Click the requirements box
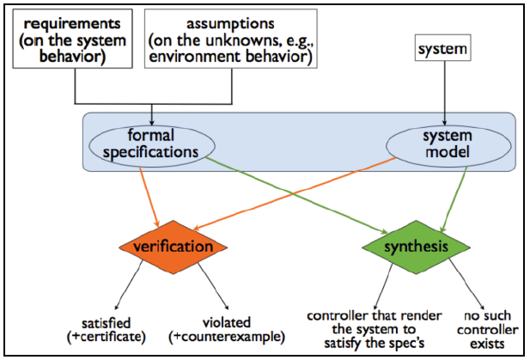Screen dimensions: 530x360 point(73,39)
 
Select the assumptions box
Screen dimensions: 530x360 point(231,39)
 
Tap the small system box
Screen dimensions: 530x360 point(442,47)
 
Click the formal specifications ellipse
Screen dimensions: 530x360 point(152,146)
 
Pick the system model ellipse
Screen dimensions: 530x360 point(448,146)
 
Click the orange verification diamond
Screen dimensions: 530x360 point(173,247)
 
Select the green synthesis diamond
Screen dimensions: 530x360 point(416,247)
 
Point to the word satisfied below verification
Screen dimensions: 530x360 point(107,323)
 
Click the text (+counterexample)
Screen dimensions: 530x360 point(227,337)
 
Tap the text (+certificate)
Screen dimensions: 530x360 point(107,337)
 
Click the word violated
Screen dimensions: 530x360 point(227,323)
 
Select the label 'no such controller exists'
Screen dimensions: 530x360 point(487,330)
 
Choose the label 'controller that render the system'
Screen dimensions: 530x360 point(375,323)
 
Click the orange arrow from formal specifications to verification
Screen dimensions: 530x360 point(149,197)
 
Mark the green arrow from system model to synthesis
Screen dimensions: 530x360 point(454,199)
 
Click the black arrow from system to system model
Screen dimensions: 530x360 point(444,94)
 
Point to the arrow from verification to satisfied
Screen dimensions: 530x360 point(129,285)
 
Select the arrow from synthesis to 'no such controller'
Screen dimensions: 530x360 point(466,284)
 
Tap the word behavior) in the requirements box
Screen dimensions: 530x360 point(73,57)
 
